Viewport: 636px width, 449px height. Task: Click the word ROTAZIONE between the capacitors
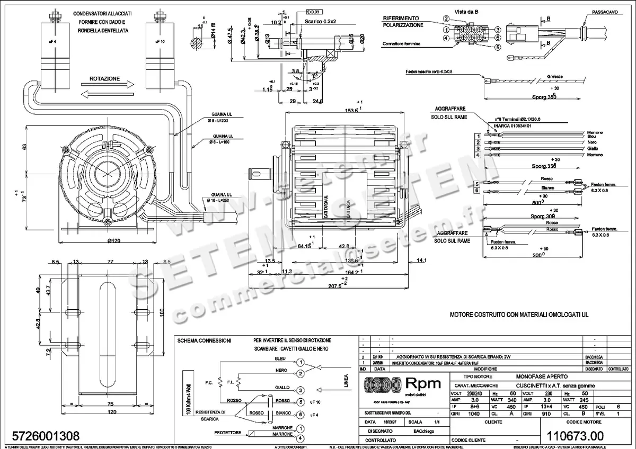[x=104, y=79]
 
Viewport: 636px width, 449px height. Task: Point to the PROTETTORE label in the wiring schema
[x=228, y=433]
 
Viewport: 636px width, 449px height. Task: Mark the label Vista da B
[x=452, y=11]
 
